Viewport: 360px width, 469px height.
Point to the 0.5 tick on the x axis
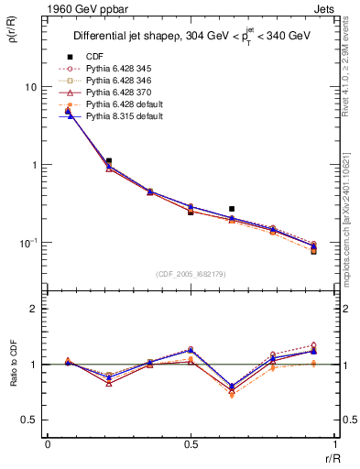click(191, 444)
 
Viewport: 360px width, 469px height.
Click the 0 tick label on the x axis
click(47, 444)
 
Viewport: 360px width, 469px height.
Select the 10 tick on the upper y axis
click(31, 87)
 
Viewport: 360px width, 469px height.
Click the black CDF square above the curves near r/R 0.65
click(232, 209)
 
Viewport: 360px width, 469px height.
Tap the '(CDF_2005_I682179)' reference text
click(191, 273)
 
